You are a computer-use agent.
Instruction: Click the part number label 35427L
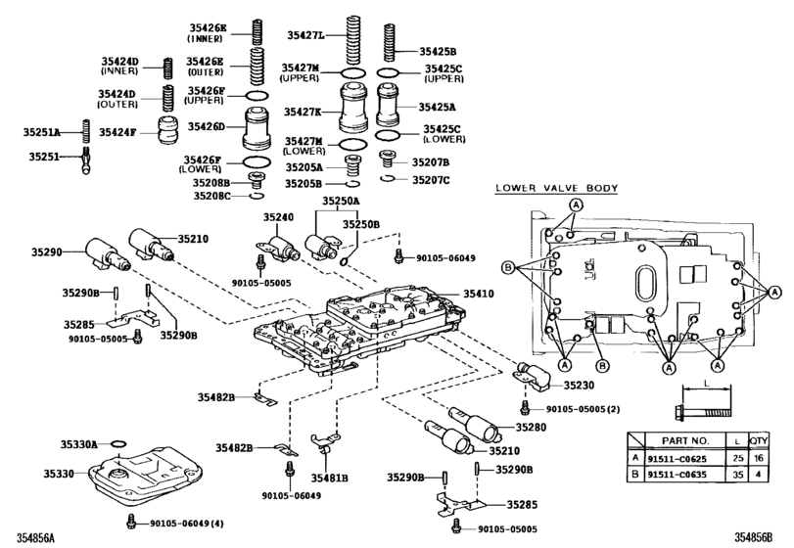pos(305,36)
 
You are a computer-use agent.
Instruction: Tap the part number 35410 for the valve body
pos(480,293)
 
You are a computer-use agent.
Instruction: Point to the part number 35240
pos(277,217)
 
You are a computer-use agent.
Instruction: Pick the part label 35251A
pos(42,131)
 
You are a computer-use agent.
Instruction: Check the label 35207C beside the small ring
pos(430,180)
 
